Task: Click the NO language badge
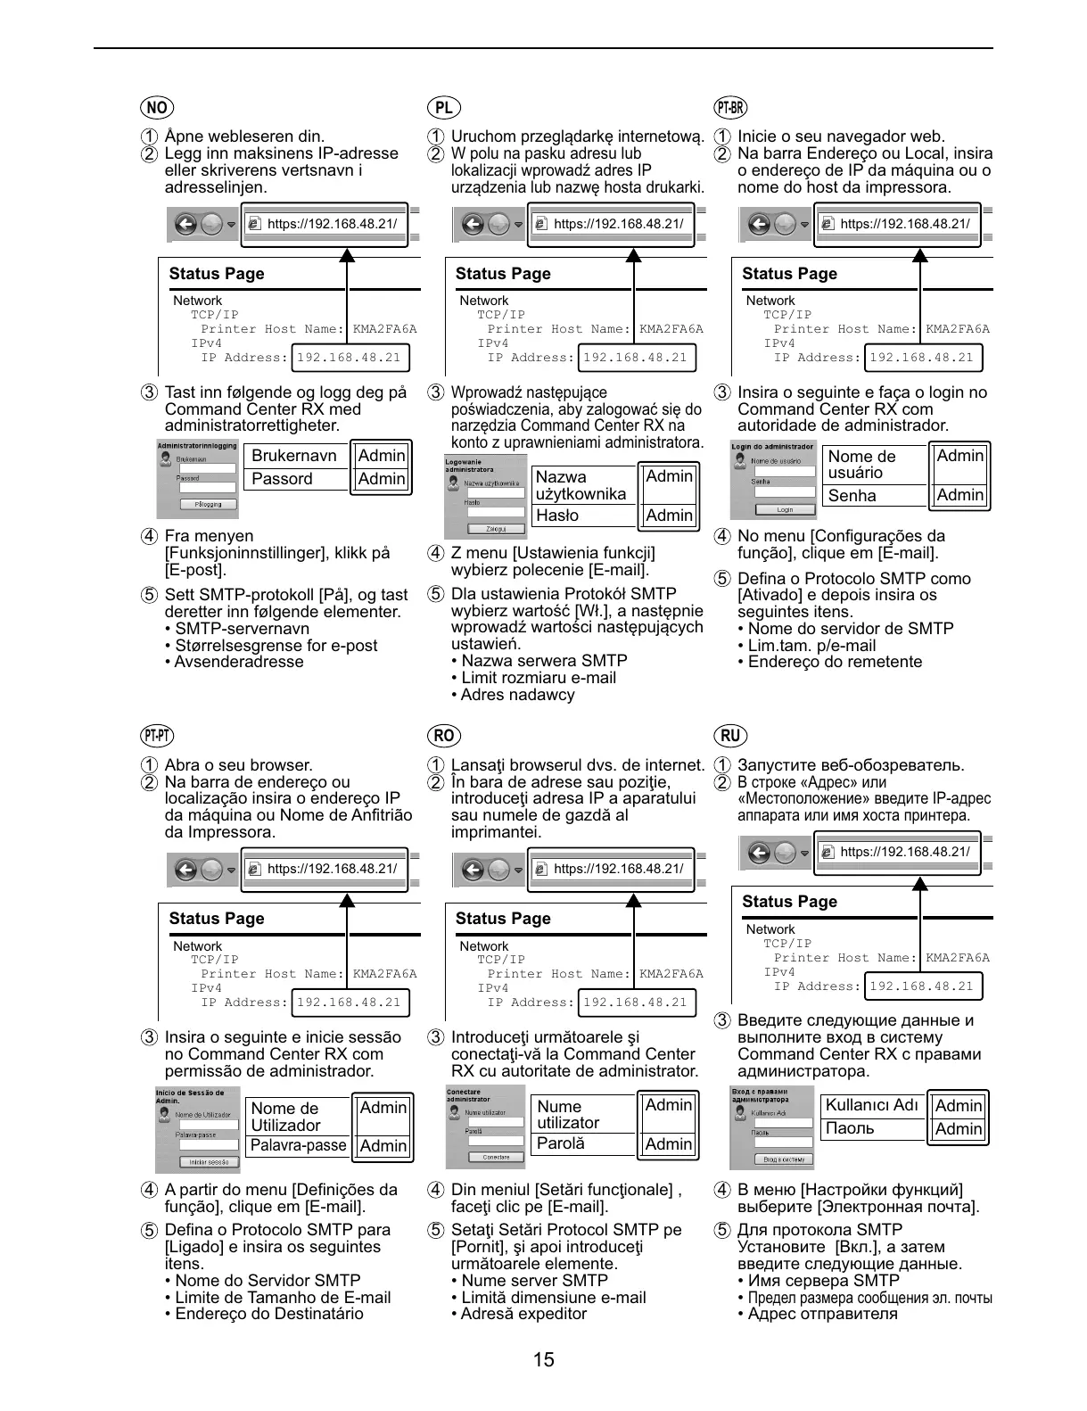[157, 108]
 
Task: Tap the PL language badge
[443, 108]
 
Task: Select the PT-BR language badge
[730, 108]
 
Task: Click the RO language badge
[443, 736]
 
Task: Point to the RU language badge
[730, 736]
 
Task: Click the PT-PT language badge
[157, 736]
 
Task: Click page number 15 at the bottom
[543, 1359]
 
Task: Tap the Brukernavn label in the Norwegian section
[293, 456]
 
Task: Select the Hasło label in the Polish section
[557, 516]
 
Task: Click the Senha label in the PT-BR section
[852, 496]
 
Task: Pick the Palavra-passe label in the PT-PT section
[298, 1145]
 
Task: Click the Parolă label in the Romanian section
[561, 1143]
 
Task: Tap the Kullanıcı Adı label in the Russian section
[871, 1105]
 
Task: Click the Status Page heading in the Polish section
[503, 274]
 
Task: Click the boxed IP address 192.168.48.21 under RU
[921, 986]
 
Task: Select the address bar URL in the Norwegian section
[332, 224]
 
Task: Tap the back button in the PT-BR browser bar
[759, 224]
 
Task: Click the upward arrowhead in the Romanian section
[634, 900]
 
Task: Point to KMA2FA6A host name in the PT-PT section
[384, 974]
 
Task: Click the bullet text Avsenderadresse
[239, 662]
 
